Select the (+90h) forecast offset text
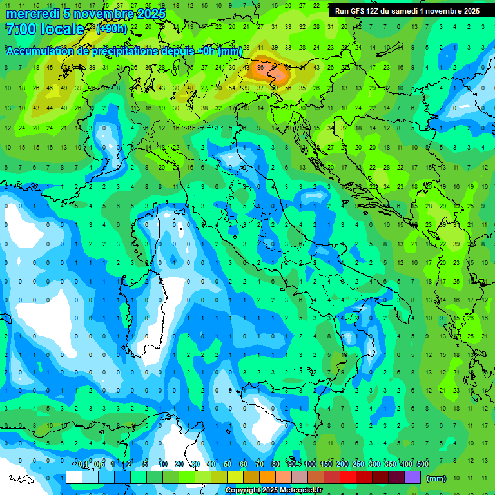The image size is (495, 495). [112, 29]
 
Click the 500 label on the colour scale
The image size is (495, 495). [423, 465]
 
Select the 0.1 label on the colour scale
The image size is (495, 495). [83, 465]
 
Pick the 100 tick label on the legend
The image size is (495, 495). [310, 465]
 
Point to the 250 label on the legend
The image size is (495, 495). [358, 465]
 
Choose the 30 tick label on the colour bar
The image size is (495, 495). [195, 465]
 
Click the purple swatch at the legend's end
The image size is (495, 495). [412, 477]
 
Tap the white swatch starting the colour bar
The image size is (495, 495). [74, 477]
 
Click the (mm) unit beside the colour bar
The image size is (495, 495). [436, 478]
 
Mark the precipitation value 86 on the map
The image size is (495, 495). [260, 67]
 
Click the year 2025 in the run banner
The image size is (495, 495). [469, 11]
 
